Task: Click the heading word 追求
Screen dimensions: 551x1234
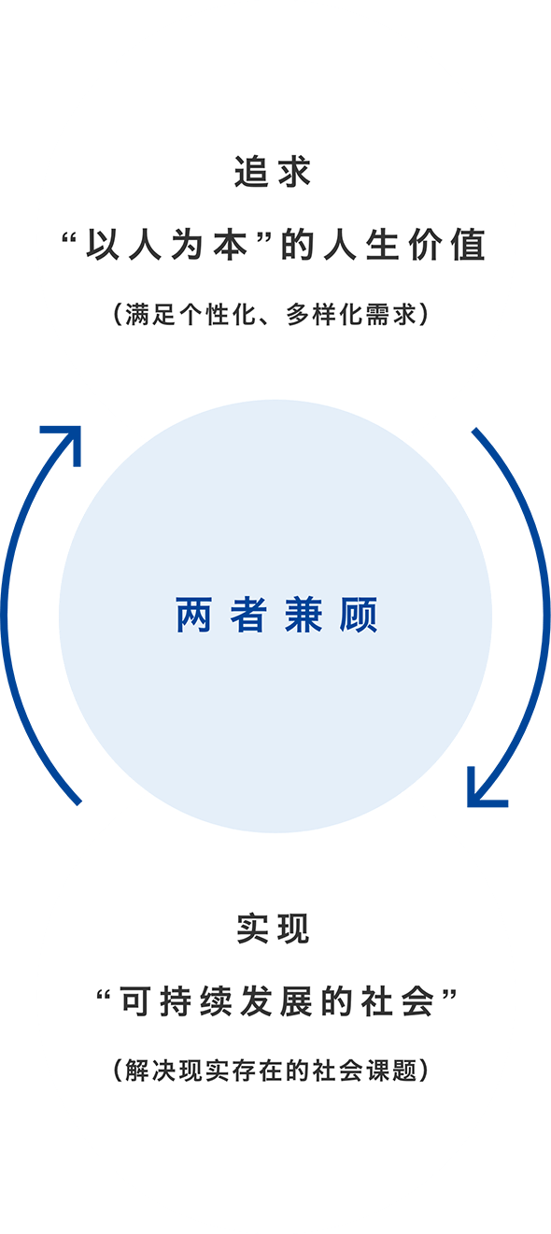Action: (274, 172)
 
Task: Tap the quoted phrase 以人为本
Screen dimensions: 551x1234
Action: (166, 245)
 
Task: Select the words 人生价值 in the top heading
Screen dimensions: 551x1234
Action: (404, 245)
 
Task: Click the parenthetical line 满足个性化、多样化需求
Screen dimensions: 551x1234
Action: (271, 315)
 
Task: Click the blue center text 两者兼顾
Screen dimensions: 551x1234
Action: (276, 615)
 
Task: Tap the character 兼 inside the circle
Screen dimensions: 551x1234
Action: (303, 615)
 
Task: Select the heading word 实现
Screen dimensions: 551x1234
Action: (274, 929)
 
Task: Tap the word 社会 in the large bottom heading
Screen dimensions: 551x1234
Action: (398, 1002)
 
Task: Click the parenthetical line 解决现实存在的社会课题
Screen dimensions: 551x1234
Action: (271, 1071)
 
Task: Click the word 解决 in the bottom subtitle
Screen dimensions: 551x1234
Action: (149, 1071)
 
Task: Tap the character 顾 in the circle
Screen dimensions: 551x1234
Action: (359, 615)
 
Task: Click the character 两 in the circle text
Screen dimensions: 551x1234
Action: (194, 615)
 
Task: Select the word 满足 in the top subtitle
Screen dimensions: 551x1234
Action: (149, 315)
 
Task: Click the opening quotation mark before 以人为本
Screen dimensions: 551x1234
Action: (68, 240)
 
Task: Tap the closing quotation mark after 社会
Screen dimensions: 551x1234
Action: (450, 997)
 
